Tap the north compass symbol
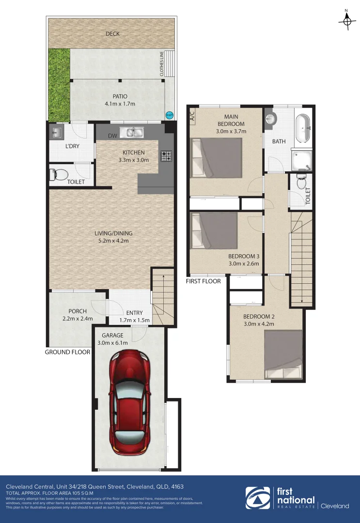click(346, 20)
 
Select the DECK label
click(112, 34)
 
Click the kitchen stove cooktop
click(166, 156)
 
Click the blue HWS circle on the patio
click(169, 115)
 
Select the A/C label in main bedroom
click(192, 116)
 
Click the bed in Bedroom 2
click(283, 354)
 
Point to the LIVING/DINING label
click(113, 233)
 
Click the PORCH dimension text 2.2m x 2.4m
click(78, 319)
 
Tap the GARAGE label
click(112, 335)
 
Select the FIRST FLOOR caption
click(203, 281)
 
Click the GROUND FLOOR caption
click(67, 352)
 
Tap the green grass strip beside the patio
click(59, 84)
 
